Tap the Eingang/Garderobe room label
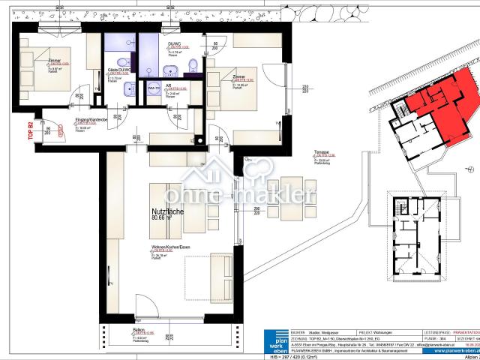(x=88, y=120)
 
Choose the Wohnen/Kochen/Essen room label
(x=166, y=247)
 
